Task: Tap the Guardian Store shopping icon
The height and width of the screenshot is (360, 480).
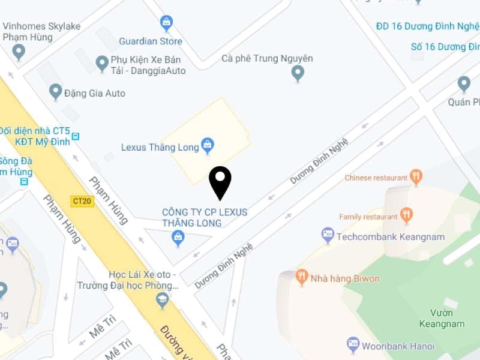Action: point(167,23)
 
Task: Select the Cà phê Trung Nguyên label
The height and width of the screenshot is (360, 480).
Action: point(267,58)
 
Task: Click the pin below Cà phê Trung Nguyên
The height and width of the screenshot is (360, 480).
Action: point(298,73)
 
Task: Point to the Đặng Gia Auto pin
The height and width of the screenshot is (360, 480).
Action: point(56,91)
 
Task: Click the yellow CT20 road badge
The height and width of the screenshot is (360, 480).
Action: point(82,201)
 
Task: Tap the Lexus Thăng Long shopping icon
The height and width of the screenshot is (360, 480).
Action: point(208,145)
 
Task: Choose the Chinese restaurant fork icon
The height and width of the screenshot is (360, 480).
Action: point(416,176)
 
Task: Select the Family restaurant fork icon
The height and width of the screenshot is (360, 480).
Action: point(406,215)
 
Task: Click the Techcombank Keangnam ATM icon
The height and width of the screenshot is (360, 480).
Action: point(328,235)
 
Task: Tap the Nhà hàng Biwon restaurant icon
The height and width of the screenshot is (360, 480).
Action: point(302,277)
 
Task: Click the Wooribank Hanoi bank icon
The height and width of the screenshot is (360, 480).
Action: point(353,344)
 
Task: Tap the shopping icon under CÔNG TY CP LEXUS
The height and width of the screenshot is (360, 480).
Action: point(178,238)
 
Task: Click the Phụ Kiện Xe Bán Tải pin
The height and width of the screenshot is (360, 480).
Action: point(102,62)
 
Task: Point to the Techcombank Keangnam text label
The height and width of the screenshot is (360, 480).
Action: point(391,237)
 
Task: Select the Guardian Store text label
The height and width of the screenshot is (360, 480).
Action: point(150,41)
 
